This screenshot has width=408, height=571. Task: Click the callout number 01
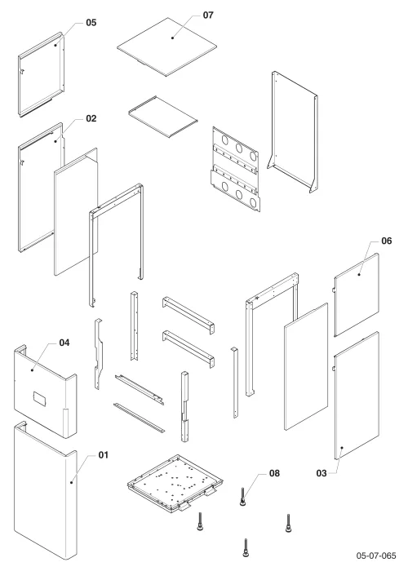point(104,455)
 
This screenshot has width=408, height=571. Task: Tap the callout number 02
point(91,119)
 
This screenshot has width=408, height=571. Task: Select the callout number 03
point(322,473)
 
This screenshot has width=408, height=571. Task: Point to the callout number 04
point(64,343)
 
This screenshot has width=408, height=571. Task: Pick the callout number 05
point(91,23)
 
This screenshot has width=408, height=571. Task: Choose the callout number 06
point(387,241)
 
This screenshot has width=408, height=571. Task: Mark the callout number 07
point(208,15)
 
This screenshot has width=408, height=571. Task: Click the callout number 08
point(274,473)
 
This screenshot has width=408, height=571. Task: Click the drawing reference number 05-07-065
point(376,556)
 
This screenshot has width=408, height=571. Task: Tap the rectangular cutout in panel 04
point(39,398)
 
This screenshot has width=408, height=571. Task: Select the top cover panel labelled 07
point(166,47)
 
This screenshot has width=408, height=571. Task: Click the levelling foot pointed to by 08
point(242,497)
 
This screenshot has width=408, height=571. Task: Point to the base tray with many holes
point(175,483)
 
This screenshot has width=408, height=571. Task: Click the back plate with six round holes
point(236,169)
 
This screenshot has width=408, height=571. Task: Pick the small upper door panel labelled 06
point(357,295)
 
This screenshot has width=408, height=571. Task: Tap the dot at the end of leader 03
point(342,448)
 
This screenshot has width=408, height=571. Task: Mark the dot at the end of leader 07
point(172,38)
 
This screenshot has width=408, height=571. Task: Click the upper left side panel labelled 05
point(41,75)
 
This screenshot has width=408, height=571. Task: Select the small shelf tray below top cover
point(163,117)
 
